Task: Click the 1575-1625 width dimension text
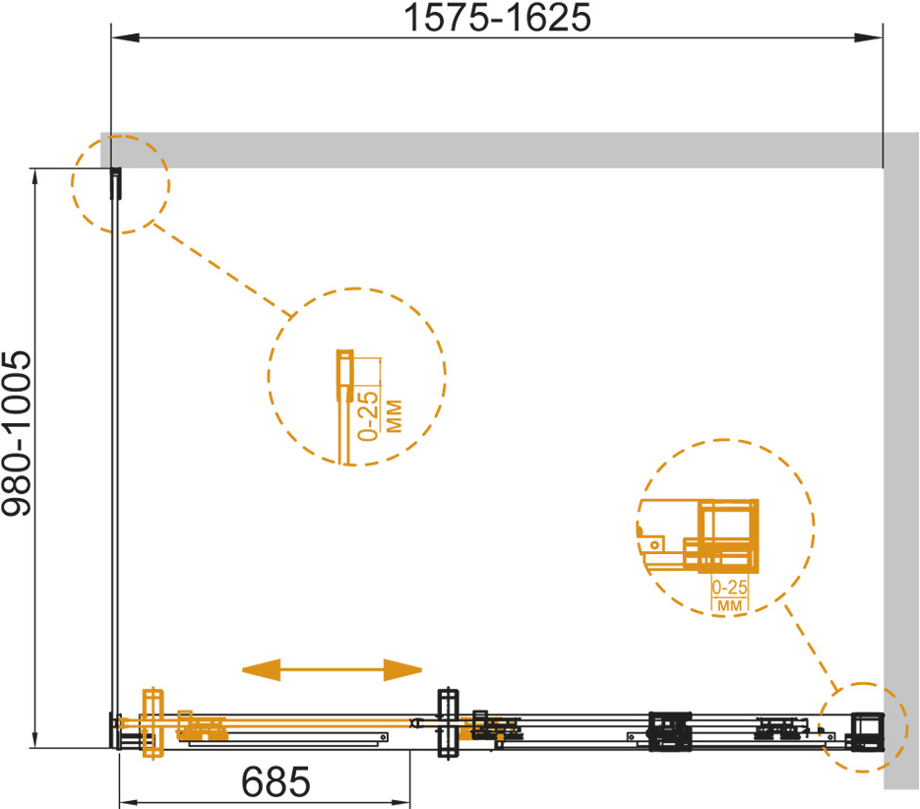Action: pyautogui.click(x=498, y=18)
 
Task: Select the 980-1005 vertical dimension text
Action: pyautogui.click(x=17, y=434)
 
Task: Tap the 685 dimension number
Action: pyautogui.click(x=276, y=782)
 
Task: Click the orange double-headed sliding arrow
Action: pyautogui.click(x=333, y=670)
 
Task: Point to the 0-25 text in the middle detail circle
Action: pyautogui.click(x=368, y=415)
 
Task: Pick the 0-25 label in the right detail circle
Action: pyautogui.click(x=730, y=588)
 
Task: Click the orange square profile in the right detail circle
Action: pyautogui.click(x=728, y=535)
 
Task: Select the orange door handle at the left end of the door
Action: pyautogui.click(x=153, y=723)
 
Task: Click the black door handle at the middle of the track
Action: pyautogui.click(x=449, y=723)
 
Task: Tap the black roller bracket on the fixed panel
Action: pyautogui.click(x=669, y=731)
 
